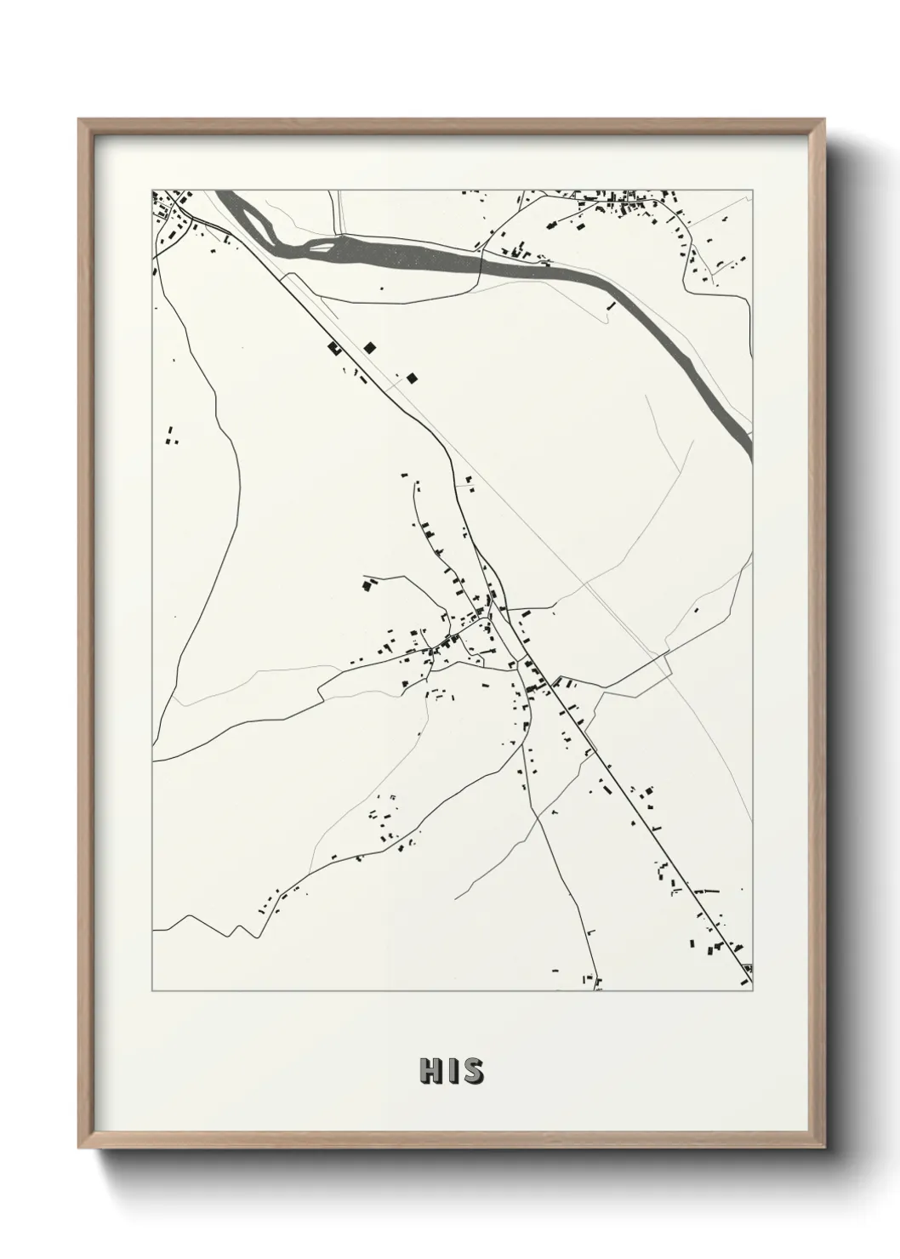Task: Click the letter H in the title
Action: click(429, 1072)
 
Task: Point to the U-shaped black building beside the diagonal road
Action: click(333, 348)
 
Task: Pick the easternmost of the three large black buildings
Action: click(413, 378)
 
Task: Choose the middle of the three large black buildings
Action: click(369, 346)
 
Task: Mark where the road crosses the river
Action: click(481, 258)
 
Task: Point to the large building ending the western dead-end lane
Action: click(368, 584)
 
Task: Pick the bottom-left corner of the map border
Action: click(153, 990)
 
